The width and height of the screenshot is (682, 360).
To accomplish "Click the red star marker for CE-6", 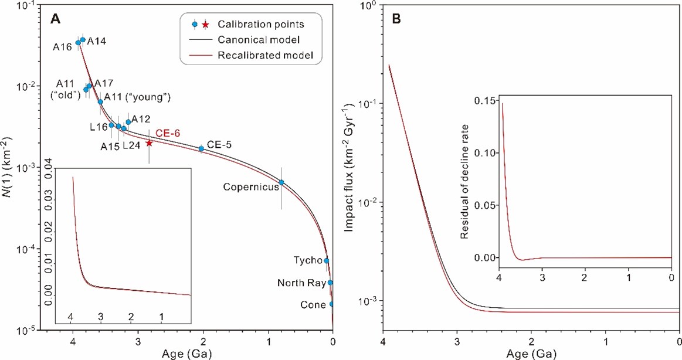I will [149, 143].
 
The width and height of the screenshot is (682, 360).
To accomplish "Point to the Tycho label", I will [307, 260].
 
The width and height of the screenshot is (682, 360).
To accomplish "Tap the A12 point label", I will [141, 119].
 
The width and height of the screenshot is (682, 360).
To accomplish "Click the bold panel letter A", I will [55, 19].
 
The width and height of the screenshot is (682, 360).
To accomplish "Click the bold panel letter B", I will [396, 19].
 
